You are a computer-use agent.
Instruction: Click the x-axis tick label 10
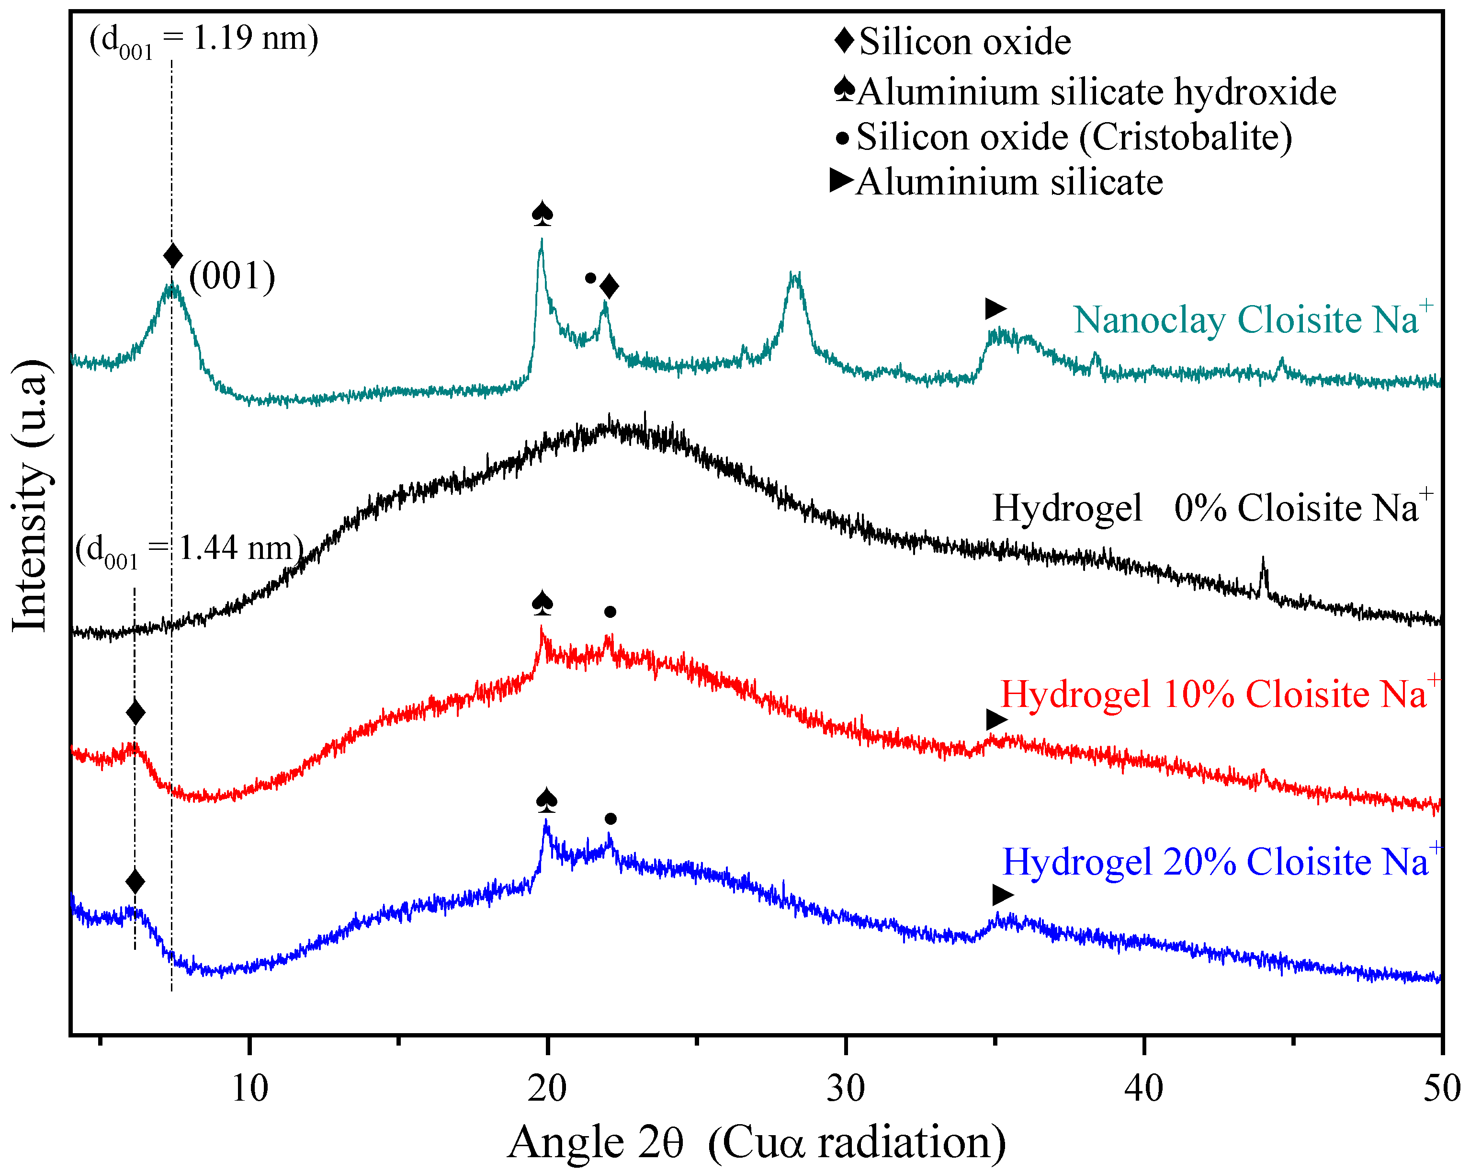(249, 1088)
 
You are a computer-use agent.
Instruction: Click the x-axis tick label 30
(846, 1088)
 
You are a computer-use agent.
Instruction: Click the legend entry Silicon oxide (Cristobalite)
(1074, 137)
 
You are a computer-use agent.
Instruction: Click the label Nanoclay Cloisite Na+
(1253, 319)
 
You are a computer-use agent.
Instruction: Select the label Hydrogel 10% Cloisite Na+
(1219, 694)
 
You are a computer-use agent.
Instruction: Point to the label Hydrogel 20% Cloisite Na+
(1221, 862)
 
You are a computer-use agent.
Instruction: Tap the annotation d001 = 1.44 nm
(189, 549)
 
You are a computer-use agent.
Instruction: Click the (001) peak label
(232, 276)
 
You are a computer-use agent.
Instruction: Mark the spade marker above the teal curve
(542, 214)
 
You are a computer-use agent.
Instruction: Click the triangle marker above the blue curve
(1002, 895)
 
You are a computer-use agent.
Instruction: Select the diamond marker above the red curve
(136, 713)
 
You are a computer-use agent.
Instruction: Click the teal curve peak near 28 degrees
(794, 275)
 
